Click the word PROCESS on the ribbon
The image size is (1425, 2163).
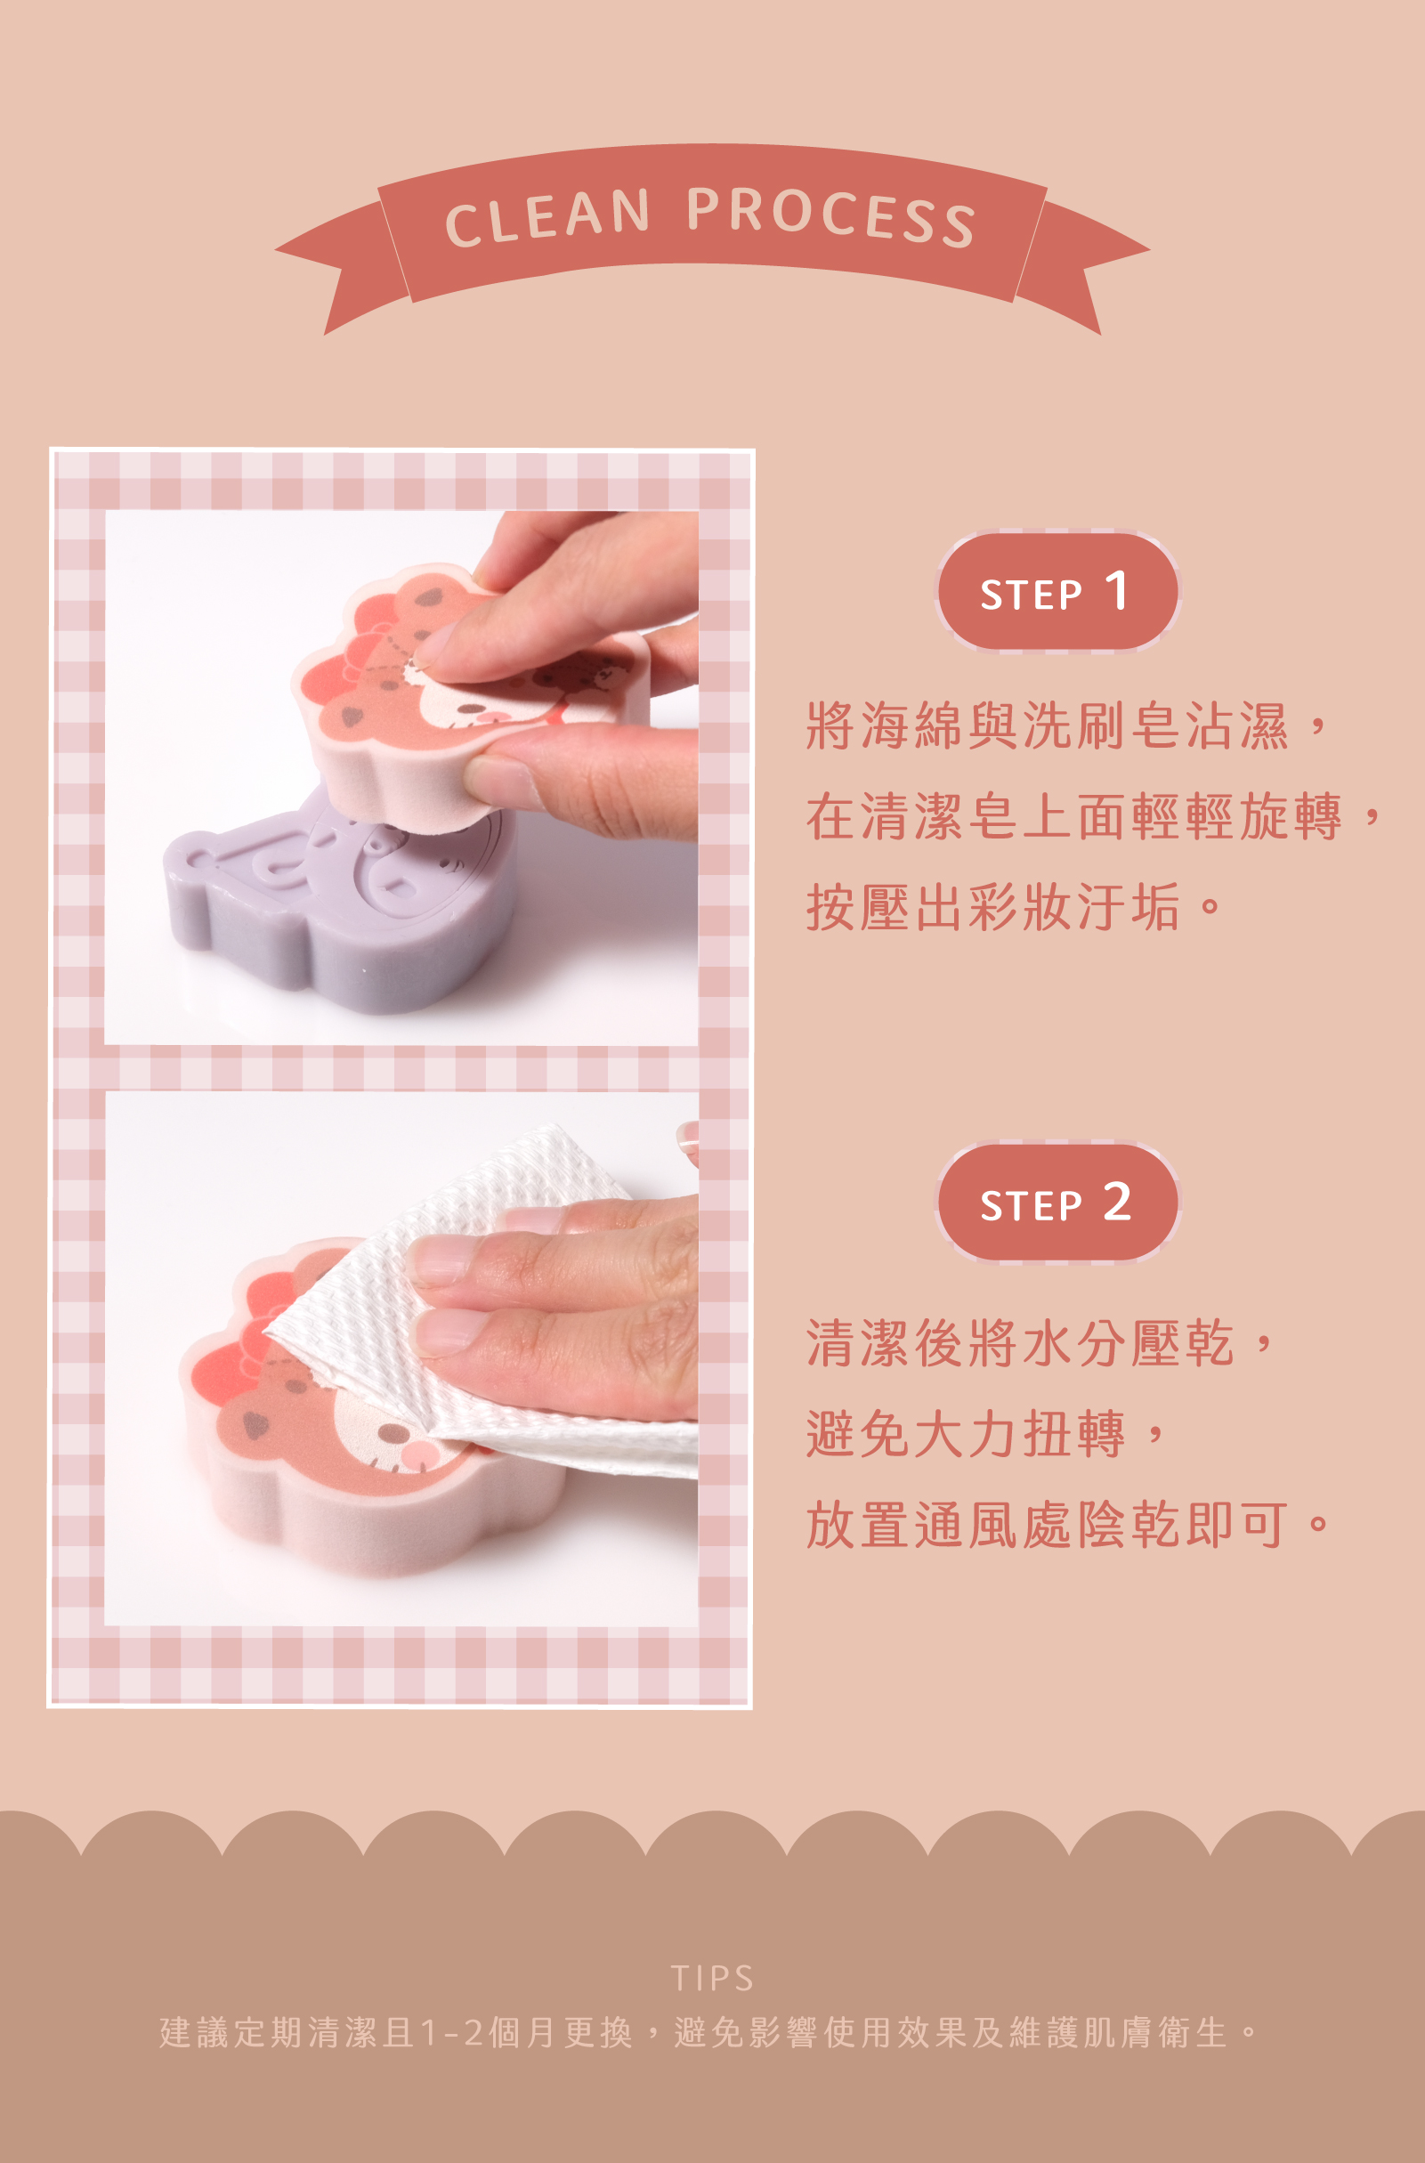click(x=830, y=216)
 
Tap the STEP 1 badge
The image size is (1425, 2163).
click(x=1057, y=592)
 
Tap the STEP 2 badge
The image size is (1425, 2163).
click(x=1057, y=1203)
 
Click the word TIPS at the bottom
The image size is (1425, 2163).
click(x=712, y=1979)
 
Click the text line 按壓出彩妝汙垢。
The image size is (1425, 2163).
click(x=1013, y=907)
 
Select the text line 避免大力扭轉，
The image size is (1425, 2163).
click(x=986, y=1434)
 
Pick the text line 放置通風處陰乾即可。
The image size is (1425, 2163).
click(x=1068, y=1525)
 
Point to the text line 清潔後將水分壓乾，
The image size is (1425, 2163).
click(x=1040, y=1343)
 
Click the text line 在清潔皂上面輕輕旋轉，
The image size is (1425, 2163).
click(x=1095, y=816)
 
